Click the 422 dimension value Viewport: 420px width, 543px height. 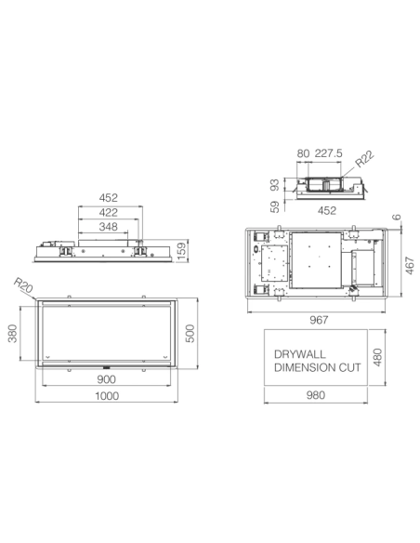pyautogui.click(x=109, y=212)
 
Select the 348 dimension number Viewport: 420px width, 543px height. pyautogui.click(x=109, y=227)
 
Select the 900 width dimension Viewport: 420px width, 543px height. pyautogui.click(x=108, y=380)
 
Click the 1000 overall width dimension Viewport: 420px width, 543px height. pyautogui.click(x=108, y=397)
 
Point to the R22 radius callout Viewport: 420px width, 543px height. pyautogui.click(x=363, y=159)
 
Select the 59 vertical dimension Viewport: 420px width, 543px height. pyautogui.click(x=276, y=207)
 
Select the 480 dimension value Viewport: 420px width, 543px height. pyautogui.click(x=377, y=358)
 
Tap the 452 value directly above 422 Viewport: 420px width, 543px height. pyautogui.click(x=109, y=197)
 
